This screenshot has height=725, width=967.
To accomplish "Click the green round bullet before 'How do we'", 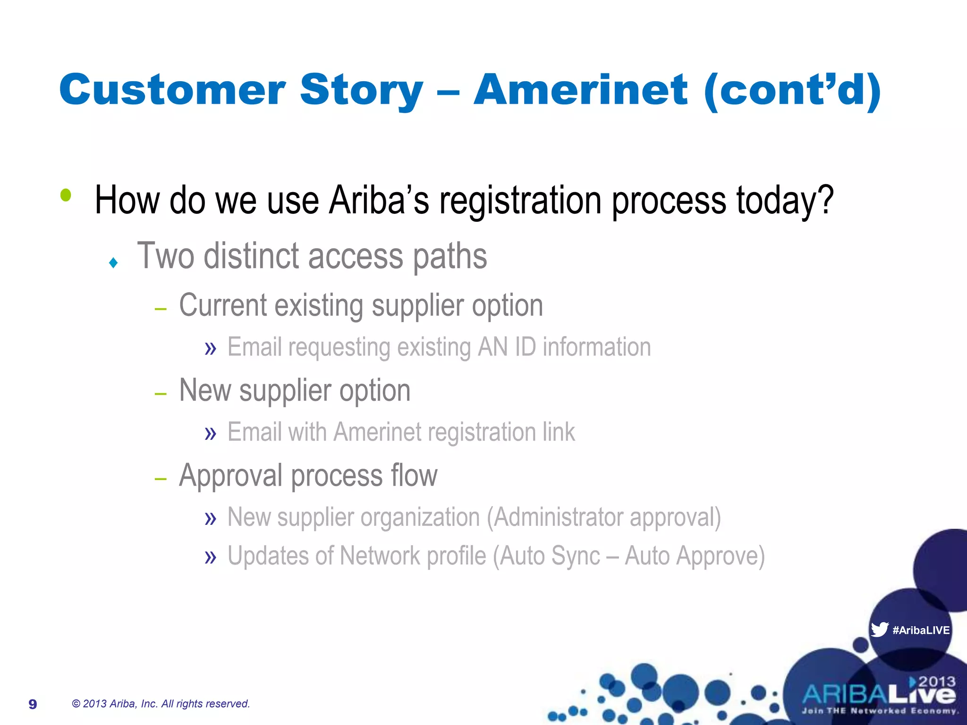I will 66,195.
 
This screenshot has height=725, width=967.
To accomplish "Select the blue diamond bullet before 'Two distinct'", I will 113,262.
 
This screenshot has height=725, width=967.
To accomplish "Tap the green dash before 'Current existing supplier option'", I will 161,309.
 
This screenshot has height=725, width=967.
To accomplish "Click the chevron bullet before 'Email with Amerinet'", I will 211,433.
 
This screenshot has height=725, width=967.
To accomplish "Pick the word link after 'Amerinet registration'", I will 559,432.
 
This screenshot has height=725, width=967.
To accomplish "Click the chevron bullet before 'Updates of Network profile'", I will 211,557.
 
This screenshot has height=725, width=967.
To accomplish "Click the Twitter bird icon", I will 879,629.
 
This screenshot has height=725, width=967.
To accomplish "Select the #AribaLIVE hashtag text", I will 921,630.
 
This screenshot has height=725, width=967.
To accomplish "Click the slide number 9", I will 33,704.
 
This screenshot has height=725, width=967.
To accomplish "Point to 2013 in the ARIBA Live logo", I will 936,681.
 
